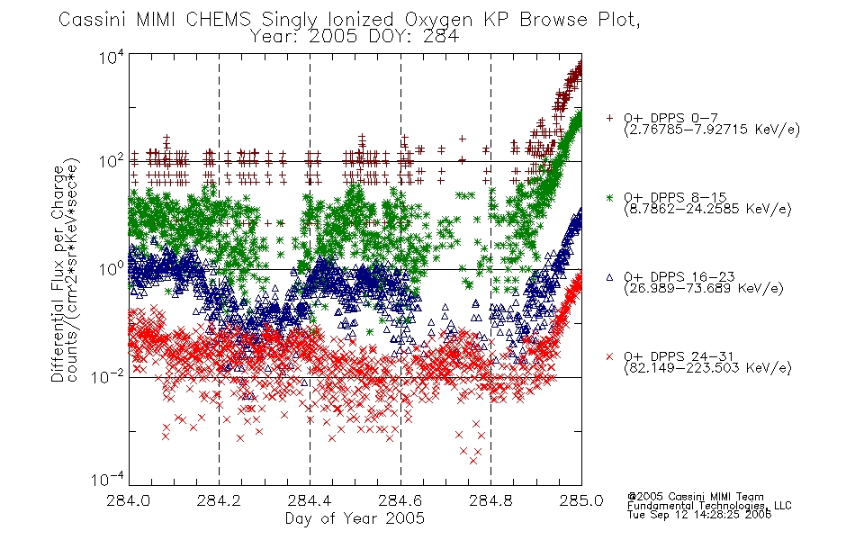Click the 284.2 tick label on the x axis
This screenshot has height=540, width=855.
(x=220, y=500)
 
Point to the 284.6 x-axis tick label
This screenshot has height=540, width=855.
(x=400, y=500)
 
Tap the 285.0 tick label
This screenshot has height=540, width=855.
(x=581, y=500)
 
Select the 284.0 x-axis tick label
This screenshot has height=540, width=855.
(x=129, y=500)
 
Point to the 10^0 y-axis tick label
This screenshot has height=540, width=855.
(x=112, y=268)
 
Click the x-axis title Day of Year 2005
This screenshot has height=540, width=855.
(x=355, y=518)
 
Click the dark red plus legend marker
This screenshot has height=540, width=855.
(x=609, y=118)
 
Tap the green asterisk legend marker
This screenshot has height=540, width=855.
(x=609, y=197)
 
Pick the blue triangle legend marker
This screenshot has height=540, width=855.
(x=609, y=277)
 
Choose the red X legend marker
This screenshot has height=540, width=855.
(x=609, y=356)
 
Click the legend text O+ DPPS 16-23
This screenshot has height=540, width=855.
(x=679, y=276)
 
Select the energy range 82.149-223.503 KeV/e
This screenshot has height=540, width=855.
(x=707, y=367)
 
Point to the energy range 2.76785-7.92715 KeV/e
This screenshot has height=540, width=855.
(x=712, y=130)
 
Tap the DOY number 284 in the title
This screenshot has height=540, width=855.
(x=439, y=37)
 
